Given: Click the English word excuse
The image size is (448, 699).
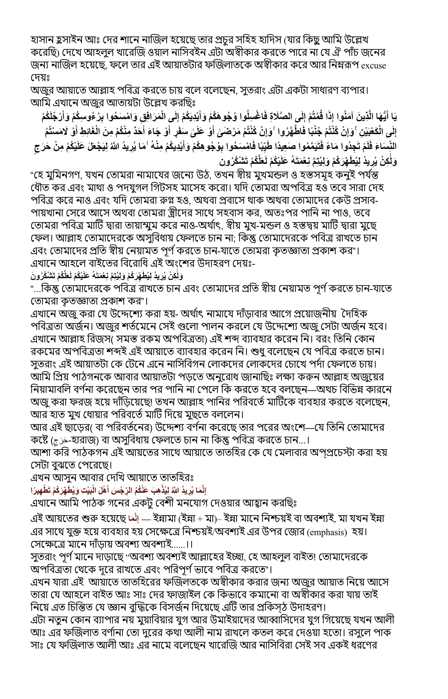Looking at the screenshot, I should point(373,66).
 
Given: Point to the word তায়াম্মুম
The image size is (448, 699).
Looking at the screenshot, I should point(171,226).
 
